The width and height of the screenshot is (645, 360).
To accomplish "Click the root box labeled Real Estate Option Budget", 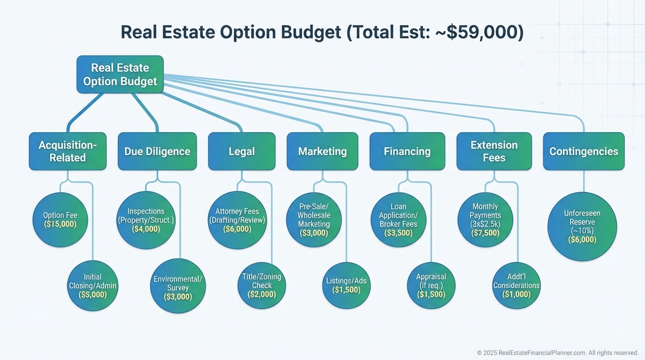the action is [120, 75].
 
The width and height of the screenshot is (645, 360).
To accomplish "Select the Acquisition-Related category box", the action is [67, 151].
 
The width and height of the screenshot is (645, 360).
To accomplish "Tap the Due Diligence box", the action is [157, 151].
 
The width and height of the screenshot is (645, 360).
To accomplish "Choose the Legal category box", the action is [241, 151].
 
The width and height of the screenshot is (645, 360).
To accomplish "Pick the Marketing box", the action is [322, 151].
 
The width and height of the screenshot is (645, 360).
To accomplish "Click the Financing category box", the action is [407, 151].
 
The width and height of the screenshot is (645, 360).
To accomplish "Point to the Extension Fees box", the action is [494, 151].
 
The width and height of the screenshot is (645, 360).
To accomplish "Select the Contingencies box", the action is [584, 151].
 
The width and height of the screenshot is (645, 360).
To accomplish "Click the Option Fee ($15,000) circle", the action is [60, 220].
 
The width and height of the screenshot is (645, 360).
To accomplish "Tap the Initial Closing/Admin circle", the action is [93, 285].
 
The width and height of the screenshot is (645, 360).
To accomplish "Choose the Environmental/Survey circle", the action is [178, 285].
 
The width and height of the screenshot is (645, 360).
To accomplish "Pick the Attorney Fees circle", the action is [237, 220].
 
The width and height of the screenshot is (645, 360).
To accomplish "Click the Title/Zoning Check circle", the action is [262, 285].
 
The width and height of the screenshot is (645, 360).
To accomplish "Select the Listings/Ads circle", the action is [346, 285].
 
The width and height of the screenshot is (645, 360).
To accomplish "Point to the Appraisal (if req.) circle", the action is [431, 285].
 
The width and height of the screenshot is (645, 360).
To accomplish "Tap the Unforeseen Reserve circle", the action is [582, 227].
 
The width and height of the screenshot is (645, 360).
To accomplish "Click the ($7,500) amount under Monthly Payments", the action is [485, 233].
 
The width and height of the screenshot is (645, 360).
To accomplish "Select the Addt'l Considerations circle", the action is [516, 285].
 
